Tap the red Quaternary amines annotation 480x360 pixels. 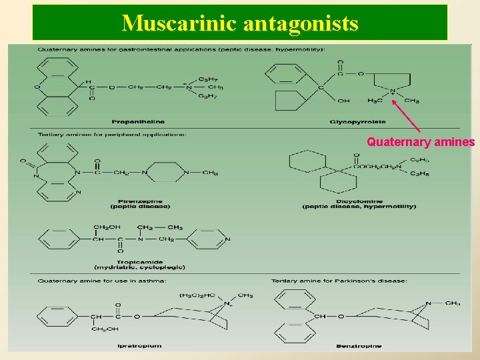pos(421,142)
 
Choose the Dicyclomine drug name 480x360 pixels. pos(359,201)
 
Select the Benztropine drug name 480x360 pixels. pos(359,346)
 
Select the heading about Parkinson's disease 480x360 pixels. pos(339,281)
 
